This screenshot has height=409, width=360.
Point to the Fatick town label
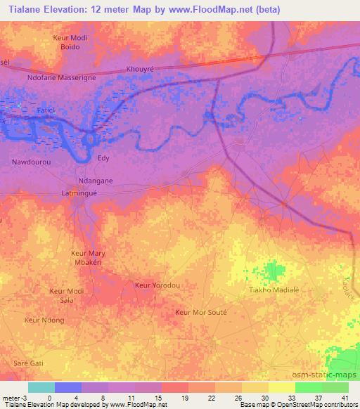[x=46, y=112]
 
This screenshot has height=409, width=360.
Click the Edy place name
[x=103, y=159]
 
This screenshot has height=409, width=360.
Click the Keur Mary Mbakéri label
[x=88, y=257]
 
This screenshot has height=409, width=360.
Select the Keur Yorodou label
[x=157, y=285]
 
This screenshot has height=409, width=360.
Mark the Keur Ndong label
[x=44, y=320]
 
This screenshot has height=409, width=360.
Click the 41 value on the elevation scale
[x=345, y=398]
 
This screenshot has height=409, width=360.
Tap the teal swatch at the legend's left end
[x=41, y=387]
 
